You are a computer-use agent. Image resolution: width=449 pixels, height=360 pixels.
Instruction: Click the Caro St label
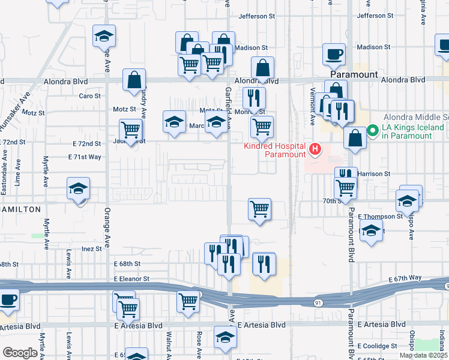pos(89,95)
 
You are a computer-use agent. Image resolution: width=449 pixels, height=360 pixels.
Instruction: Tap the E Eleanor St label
pos(131,279)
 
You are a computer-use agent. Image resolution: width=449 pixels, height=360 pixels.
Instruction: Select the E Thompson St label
pos(380,216)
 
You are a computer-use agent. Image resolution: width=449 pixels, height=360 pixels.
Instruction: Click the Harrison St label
pos(374,173)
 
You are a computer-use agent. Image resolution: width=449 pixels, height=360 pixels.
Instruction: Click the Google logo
pos(20,353)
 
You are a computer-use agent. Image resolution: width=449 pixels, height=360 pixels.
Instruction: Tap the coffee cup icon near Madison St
pos(334,55)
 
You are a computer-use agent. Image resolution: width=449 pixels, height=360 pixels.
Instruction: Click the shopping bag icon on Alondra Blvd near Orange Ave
pos(134,80)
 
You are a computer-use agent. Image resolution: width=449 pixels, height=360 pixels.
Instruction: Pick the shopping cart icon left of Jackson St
pos(130,129)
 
